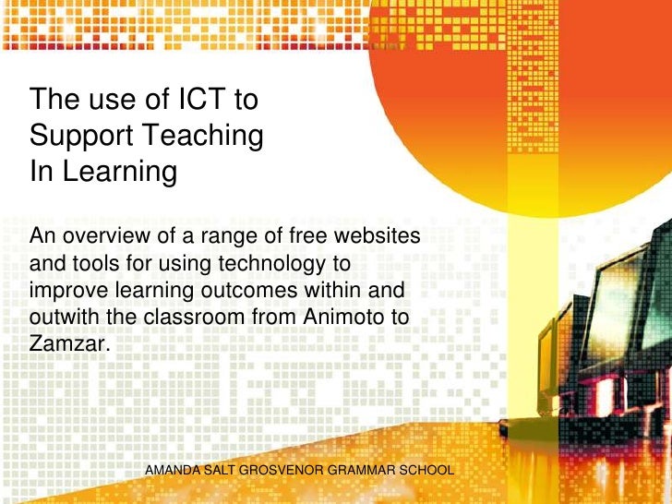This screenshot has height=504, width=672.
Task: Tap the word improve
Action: pyautogui.click(x=63, y=292)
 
